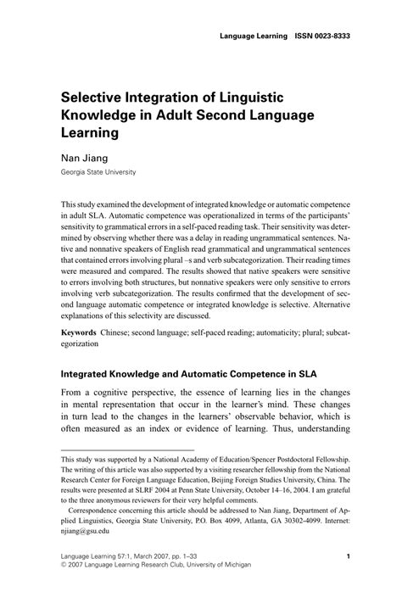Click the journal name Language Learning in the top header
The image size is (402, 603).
(252, 36)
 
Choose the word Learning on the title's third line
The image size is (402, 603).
(91, 132)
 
